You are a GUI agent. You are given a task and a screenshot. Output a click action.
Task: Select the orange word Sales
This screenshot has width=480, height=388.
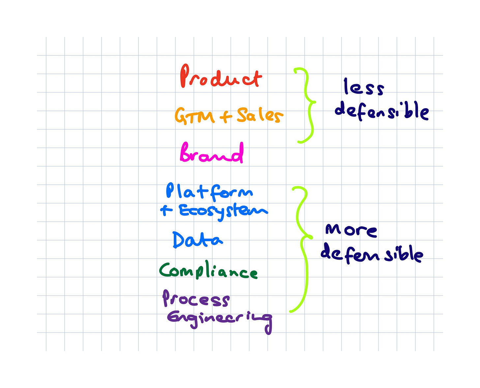(x=260, y=115)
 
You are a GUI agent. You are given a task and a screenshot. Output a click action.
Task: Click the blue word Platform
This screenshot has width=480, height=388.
(x=209, y=192)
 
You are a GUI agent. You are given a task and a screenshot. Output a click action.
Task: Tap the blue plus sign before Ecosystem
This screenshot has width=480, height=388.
(x=166, y=210)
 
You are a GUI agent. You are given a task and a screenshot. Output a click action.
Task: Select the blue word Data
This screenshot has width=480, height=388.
(x=197, y=240)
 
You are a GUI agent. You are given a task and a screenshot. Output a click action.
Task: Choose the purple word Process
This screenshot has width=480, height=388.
(x=196, y=299)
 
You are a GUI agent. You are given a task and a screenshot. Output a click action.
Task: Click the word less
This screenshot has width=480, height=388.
(x=364, y=87)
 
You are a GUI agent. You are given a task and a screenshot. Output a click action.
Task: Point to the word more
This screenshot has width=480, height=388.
(x=351, y=230)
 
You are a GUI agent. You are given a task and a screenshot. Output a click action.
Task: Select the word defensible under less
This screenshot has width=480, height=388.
(x=382, y=111)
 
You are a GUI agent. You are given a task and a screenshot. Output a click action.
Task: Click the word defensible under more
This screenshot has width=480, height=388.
(x=372, y=254)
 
